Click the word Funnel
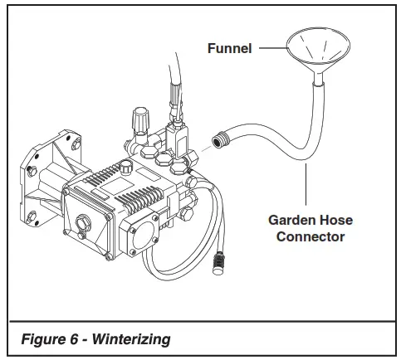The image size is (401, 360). pos(230,48)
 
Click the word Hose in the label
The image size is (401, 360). pos(332,221)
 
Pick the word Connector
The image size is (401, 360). pos(306,237)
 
